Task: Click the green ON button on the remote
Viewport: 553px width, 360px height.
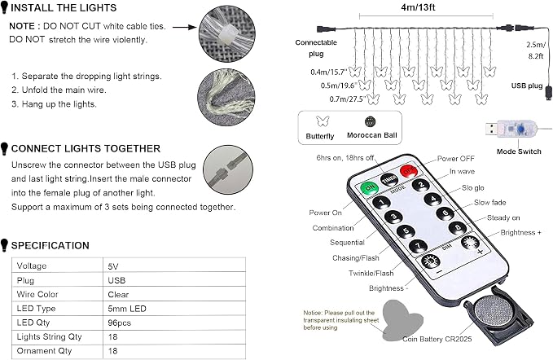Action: pos(369,187)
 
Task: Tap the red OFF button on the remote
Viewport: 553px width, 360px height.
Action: pos(409,171)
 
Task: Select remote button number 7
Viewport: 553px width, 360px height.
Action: pos(419,246)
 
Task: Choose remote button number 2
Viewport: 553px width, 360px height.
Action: pos(421,185)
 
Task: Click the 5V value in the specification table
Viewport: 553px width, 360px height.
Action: pos(113,266)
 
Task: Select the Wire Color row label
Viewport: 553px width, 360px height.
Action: pos(37,294)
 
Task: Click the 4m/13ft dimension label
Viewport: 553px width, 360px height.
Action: pos(418,7)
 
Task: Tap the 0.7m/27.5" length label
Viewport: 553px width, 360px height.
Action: pos(347,99)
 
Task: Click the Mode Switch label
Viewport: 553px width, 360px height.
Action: pos(519,151)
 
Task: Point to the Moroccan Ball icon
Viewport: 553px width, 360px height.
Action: pos(370,122)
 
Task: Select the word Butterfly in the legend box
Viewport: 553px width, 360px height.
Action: pos(320,136)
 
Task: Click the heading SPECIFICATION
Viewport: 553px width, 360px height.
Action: pos(50,245)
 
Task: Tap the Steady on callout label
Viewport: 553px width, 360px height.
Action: pos(503,217)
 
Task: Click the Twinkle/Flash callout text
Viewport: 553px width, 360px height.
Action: pos(371,273)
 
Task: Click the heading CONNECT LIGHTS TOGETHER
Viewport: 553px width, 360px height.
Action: pos(86,148)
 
